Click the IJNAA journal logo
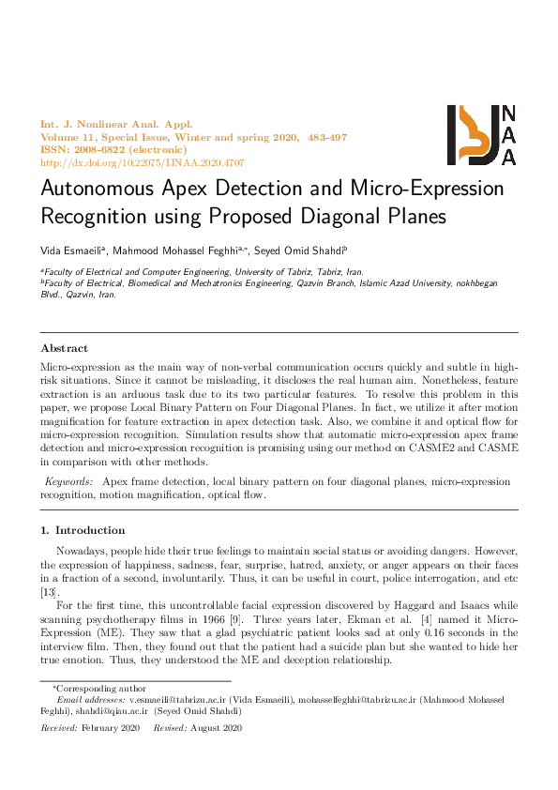(481, 135)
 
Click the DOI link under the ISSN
(142, 161)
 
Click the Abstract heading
(64, 348)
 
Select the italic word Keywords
(68, 481)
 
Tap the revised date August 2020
(219, 728)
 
